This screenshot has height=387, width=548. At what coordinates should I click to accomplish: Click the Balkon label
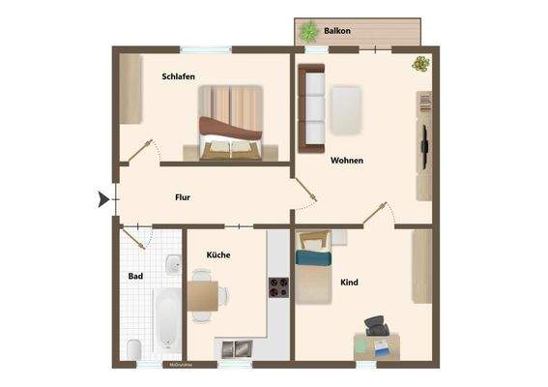(x=337, y=31)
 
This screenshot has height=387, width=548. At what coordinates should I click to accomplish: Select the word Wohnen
(x=346, y=161)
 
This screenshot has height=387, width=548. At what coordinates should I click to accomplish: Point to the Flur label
(x=182, y=197)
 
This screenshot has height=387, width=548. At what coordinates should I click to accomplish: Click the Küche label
(x=217, y=254)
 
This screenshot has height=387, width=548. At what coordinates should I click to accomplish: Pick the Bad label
(x=135, y=277)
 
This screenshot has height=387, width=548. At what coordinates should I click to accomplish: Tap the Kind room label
(x=349, y=283)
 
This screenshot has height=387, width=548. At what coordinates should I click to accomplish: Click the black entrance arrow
(x=103, y=199)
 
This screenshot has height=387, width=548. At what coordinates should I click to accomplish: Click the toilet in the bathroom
(x=134, y=348)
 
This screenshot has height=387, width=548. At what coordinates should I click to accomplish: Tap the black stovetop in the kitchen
(x=278, y=287)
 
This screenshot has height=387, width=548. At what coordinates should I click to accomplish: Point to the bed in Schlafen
(x=230, y=123)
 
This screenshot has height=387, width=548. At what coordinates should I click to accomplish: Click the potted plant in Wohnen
(x=420, y=64)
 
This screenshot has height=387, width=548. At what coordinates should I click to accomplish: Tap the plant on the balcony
(x=310, y=31)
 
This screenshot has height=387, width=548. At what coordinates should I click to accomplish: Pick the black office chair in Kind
(x=377, y=326)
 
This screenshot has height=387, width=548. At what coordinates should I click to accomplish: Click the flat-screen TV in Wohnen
(x=424, y=147)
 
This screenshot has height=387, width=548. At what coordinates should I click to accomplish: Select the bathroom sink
(x=172, y=264)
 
